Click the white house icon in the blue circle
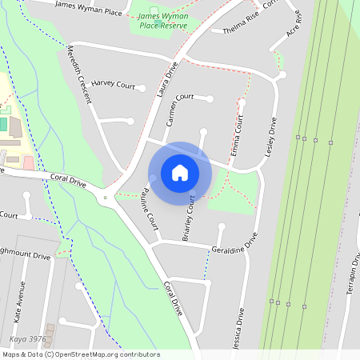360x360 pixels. pos(180,172)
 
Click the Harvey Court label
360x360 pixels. pos(113,83)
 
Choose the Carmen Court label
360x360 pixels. pos(180,111)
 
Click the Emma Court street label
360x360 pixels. pos(237,135)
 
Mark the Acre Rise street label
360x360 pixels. pos(294,24)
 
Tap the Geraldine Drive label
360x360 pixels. pos(235,244)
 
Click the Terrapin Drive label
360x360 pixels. pos(352,277)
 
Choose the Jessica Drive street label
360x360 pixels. pos(238,324)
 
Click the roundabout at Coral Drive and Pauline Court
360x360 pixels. pos(105,197)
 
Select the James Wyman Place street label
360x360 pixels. pos(88,8)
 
